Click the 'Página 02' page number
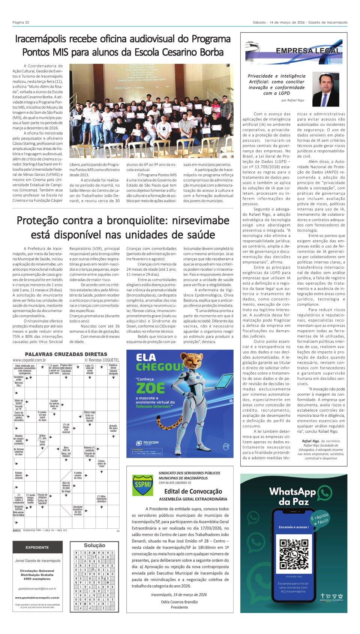[x=21, y=22]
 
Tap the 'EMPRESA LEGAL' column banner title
[x=308, y=51]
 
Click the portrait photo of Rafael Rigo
[x=326, y=89]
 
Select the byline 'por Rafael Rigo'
[x=292, y=100]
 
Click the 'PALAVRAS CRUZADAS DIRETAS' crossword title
[x=66, y=354]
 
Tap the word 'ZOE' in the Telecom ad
[x=150, y=388]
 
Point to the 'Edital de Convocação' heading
[x=193, y=491]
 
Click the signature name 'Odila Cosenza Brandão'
[x=179, y=602]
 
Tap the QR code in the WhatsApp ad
[x=294, y=554]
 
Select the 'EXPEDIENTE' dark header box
[x=37, y=547]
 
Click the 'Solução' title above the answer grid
[x=94, y=545]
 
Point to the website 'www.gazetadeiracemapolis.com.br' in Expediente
[x=37, y=598]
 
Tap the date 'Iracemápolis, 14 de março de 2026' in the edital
[x=179, y=595]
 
